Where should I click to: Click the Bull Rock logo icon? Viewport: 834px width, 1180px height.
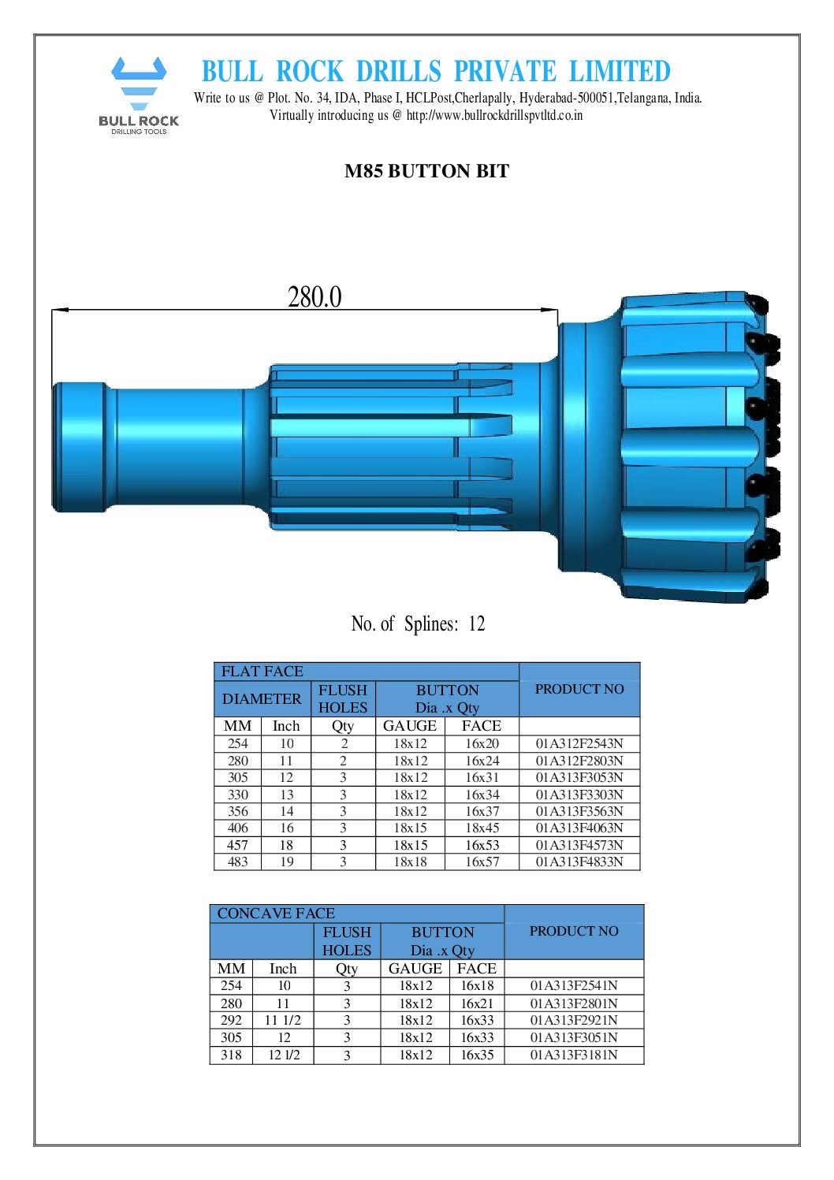pos(139,82)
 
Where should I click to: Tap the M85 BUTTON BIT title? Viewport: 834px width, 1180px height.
pos(426,171)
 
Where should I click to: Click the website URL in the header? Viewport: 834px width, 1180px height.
pos(494,115)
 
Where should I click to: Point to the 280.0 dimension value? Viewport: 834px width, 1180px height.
pos(315,297)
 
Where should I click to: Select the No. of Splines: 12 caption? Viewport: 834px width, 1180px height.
pos(418,624)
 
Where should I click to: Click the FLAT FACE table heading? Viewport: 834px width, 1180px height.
pos(262,672)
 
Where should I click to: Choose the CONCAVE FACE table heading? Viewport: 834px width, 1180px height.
pos(276,914)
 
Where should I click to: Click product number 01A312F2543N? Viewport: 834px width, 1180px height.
pos(579,743)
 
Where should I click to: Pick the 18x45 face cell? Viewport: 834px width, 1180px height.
pos(482,828)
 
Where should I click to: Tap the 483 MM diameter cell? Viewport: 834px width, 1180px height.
pos(237,862)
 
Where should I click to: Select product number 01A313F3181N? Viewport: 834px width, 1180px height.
pos(574,1055)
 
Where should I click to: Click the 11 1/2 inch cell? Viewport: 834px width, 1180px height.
pos(282,1020)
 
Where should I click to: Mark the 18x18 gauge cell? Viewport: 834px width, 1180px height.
pos(410,862)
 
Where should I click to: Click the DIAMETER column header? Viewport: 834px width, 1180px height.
pos(262,698)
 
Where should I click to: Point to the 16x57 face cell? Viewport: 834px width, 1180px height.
pos(482,862)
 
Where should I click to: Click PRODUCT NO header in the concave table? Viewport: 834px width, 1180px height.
pos(574,931)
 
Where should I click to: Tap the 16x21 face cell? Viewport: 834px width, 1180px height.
pos(477,1003)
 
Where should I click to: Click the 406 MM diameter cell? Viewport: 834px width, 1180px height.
pos(237,828)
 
